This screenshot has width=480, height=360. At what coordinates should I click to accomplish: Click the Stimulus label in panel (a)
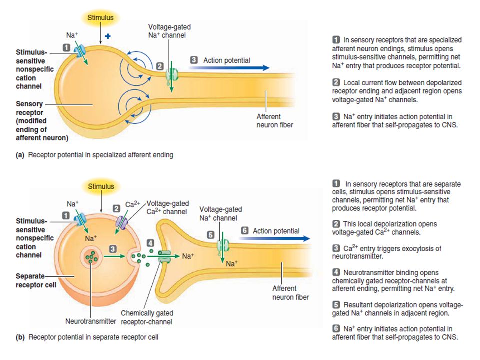(x=100, y=18)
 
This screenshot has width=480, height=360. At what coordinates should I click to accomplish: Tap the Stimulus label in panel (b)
(x=101, y=186)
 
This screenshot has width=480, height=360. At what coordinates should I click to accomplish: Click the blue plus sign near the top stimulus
(x=108, y=36)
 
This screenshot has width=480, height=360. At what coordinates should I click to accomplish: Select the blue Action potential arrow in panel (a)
(x=229, y=68)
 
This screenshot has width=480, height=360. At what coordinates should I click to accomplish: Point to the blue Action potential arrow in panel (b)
(x=274, y=239)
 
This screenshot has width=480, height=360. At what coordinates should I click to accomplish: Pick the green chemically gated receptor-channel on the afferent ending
(x=164, y=257)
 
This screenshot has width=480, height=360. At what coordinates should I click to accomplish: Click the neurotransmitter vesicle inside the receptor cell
(x=91, y=258)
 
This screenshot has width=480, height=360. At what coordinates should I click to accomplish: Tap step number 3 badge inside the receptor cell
(x=113, y=249)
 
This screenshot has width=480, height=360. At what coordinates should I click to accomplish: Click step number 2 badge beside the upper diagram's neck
(x=160, y=66)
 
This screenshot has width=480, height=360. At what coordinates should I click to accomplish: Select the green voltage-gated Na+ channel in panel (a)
(x=172, y=74)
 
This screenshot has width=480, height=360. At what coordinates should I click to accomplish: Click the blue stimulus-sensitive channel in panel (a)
(x=80, y=51)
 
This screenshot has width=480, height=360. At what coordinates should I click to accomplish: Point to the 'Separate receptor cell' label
(x=36, y=280)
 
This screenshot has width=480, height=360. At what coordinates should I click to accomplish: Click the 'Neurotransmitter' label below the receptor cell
(x=91, y=321)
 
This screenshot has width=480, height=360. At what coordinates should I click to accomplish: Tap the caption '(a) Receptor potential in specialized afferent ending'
(x=94, y=155)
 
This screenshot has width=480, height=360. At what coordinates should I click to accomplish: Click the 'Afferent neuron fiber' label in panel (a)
(x=275, y=121)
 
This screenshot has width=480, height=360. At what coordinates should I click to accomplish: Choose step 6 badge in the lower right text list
(x=336, y=329)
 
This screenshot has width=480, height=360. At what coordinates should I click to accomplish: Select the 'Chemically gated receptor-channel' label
(x=147, y=317)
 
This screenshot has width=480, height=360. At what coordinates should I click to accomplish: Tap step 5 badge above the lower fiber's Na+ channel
(x=210, y=235)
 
